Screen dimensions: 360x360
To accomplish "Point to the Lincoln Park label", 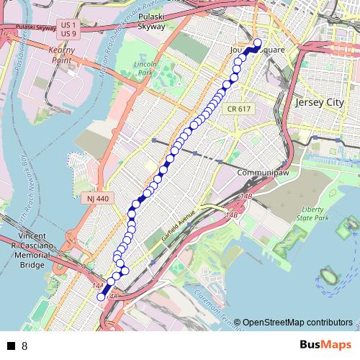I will [x=145, y=69].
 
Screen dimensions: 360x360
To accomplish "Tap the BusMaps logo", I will [x=325, y=345].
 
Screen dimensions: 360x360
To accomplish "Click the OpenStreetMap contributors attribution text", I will [x=297, y=323].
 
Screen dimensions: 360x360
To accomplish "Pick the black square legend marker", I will [x=11, y=346].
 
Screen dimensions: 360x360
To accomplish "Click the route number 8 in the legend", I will [x=24, y=346].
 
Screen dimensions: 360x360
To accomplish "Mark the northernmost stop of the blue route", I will [x=257, y=42].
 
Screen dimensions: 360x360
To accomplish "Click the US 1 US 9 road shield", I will [x=69, y=30].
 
